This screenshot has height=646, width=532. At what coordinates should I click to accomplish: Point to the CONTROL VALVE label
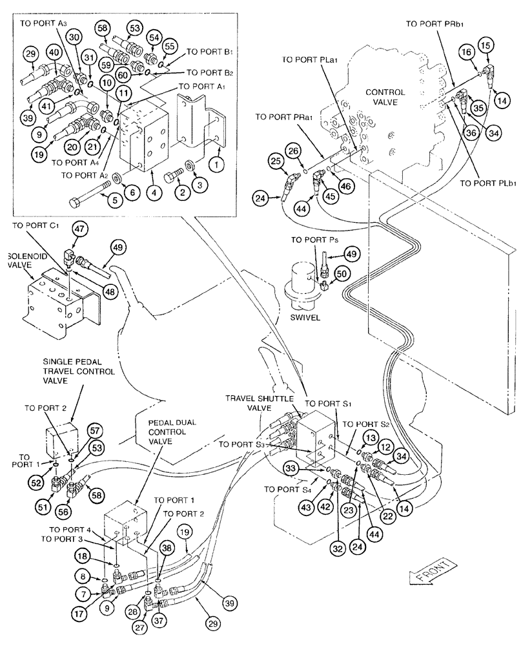[386, 97]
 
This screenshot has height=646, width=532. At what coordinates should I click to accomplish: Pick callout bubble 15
[486, 46]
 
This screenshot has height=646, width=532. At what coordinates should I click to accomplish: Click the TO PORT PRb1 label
[436, 24]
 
